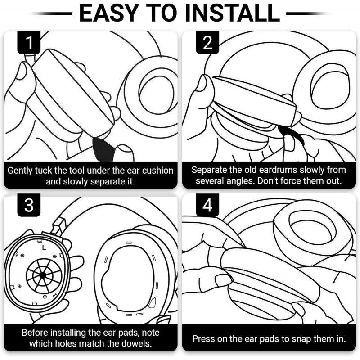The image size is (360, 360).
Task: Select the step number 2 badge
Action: pos(207,43)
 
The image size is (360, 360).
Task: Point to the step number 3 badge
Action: pos(29,205)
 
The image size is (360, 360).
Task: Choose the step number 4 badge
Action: pos(207,205)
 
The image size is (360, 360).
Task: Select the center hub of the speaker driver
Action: pos(42,274)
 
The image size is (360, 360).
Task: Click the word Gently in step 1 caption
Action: pos(21,171)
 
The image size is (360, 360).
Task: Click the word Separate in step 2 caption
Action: pos(209,170)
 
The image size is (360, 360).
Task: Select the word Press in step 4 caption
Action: pos(203,339)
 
